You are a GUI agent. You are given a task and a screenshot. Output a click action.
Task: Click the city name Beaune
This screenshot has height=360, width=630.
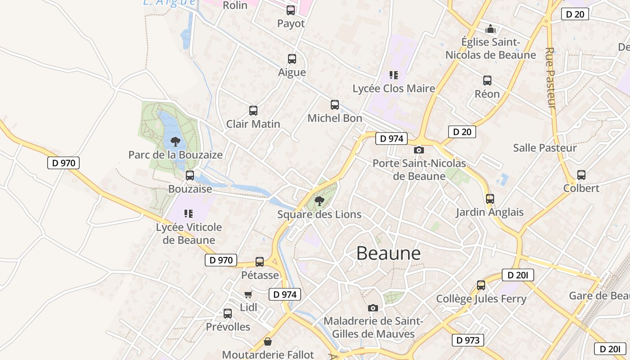[x=388, y=253]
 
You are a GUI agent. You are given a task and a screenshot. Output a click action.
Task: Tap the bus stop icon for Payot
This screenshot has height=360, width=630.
[x=291, y=10]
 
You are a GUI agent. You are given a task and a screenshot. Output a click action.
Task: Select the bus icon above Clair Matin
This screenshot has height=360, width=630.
[x=253, y=111]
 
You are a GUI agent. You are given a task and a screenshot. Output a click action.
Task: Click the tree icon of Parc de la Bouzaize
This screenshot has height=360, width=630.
[x=175, y=142]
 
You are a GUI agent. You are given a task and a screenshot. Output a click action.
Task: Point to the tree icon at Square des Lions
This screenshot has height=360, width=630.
[x=319, y=201]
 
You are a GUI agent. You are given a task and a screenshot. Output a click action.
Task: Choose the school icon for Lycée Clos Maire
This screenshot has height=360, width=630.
[x=394, y=75]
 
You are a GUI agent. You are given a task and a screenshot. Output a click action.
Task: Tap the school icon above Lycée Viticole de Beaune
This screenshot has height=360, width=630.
[x=189, y=214]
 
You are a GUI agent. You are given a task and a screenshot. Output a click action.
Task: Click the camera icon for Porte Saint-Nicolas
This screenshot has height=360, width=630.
[x=419, y=150]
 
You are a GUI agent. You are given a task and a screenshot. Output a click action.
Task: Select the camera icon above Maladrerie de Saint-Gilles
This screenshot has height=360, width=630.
[x=373, y=308]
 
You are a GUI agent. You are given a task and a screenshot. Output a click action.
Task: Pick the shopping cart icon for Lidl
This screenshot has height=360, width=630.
[x=248, y=295]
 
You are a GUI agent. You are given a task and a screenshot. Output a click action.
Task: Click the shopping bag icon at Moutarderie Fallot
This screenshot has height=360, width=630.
[x=268, y=342]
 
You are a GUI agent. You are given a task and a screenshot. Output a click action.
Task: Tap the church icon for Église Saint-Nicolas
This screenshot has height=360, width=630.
[x=490, y=29]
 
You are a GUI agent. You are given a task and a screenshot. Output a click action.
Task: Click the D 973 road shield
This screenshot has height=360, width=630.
[x=468, y=340]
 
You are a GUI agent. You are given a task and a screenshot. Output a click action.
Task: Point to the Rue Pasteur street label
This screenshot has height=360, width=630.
[x=550, y=77]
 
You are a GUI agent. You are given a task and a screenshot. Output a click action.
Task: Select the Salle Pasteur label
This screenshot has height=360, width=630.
[x=544, y=148]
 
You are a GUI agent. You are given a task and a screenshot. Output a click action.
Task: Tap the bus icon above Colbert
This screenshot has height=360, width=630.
[x=581, y=175]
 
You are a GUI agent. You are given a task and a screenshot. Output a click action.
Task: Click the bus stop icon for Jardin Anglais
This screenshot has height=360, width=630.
[x=490, y=198]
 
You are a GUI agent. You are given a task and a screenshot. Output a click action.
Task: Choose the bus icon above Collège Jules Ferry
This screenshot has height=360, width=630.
[x=481, y=285]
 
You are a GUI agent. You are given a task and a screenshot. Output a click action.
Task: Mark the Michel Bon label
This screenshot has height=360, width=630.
[x=334, y=118]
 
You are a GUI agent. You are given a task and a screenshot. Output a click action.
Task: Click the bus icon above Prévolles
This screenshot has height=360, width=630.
[x=228, y=314]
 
